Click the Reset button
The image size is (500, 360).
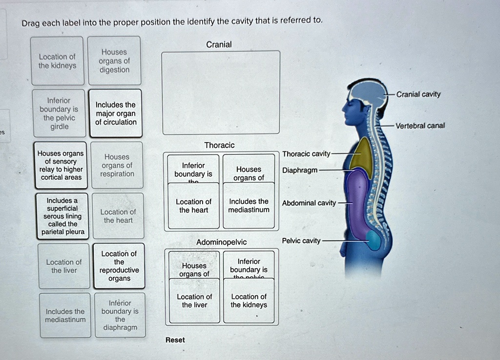(175, 340)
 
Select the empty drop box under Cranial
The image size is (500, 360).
(221, 92)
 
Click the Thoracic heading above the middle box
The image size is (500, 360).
(219, 145)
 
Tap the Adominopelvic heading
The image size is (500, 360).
(221, 242)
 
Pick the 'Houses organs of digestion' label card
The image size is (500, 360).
(114, 61)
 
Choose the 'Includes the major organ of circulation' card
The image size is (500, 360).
(116, 113)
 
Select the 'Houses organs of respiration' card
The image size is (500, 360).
(117, 165)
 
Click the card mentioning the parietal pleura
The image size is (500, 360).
(62, 216)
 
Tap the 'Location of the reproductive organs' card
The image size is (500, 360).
(119, 266)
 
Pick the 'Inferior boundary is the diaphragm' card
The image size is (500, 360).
(120, 315)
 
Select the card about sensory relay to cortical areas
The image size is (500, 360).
(61, 165)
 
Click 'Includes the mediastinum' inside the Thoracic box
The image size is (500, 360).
(249, 206)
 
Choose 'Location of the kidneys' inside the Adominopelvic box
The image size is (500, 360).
(249, 301)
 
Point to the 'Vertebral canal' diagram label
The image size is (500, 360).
(420, 126)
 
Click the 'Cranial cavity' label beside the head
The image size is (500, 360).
(418, 94)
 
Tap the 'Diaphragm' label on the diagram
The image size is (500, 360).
(299, 170)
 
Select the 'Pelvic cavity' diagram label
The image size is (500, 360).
(301, 241)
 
